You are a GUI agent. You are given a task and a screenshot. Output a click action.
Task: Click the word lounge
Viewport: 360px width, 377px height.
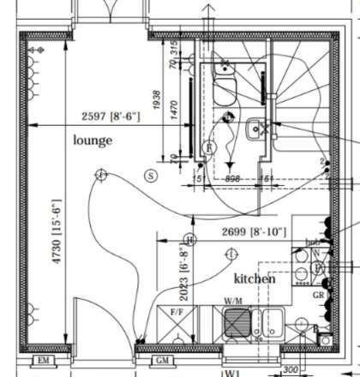[x=93, y=139]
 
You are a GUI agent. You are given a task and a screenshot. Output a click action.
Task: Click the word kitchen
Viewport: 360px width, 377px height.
[x=255, y=279]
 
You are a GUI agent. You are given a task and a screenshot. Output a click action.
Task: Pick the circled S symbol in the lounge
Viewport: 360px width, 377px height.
[x=151, y=176]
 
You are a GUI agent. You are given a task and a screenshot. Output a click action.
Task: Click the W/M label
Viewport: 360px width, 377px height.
[x=232, y=301]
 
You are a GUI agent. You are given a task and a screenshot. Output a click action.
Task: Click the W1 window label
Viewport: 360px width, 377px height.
[x=231, y=373]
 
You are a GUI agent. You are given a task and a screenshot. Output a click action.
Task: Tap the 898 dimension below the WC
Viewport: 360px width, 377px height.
[x=231, y=179]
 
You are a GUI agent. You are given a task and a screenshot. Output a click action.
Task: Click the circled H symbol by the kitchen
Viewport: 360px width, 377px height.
[x=190, y=239]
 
